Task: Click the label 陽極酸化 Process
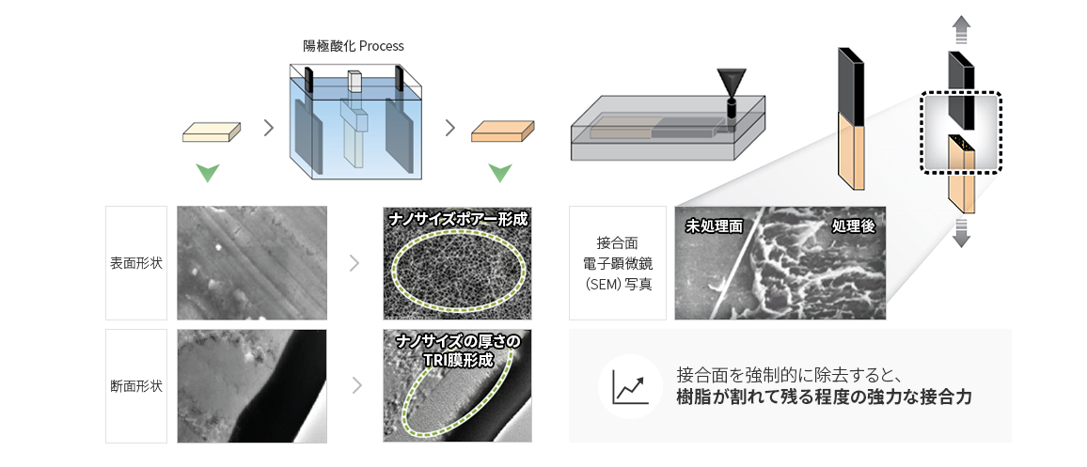pyautogui.click(x=354, y=46)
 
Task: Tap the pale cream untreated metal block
pyautogui.click(x=212, y=132)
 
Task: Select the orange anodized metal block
pyautogui.click(x=503, y=131)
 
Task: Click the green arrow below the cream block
pyautogui.click(x=208, y=173)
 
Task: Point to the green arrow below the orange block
pyautogui.click(x=500, y=173)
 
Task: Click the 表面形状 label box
pyautogui.click(x=136, y=262)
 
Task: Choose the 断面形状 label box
pyautogui.click(x=136, y=386)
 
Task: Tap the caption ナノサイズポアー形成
pyautogui.click(x=458, y=220)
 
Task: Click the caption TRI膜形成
pyautogui.click(x=458, y=360)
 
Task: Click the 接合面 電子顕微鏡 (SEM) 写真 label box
pyautogui.click(x=617, y=262)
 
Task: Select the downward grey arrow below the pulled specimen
pyautogui.click(x=960, y=231)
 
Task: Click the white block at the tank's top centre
pyautogui.click(x=354, y=81)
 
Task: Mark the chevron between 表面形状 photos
pyautogui.click(x=354, y=263)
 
